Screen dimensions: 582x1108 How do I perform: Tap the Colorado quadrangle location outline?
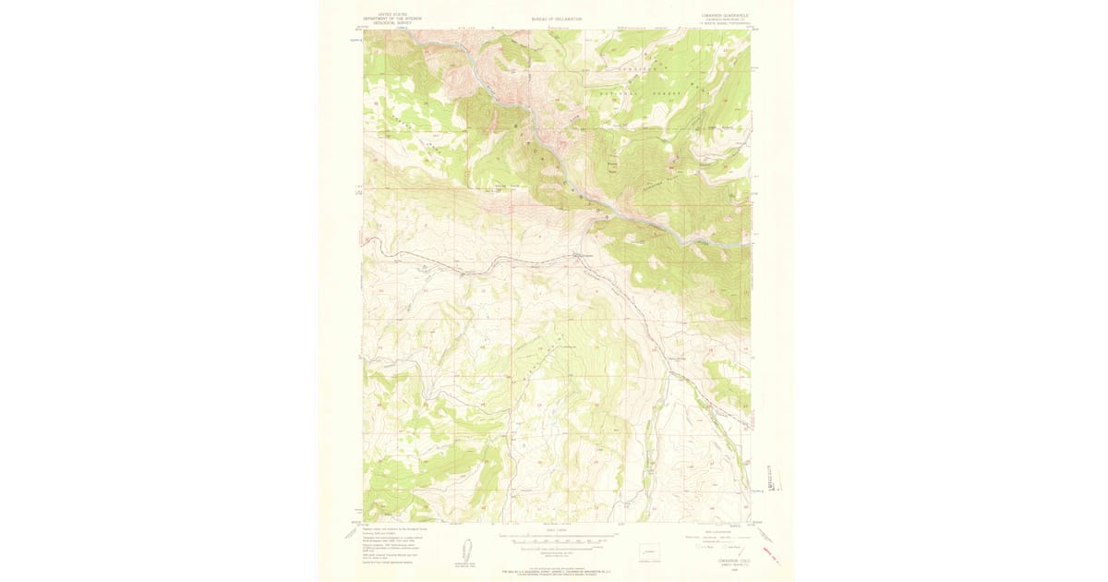pos(655,549)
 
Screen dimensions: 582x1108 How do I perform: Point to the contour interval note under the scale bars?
pos(554,552)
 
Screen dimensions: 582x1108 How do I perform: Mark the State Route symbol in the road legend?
pos(729,546)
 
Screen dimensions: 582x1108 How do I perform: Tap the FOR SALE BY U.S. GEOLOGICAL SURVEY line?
pos(554,571)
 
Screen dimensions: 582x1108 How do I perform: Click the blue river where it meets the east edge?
pos(746,245)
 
